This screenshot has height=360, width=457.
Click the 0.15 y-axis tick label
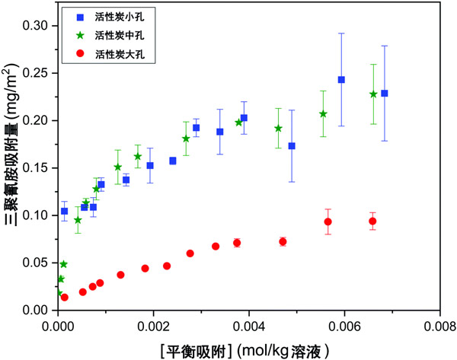coord(35,120)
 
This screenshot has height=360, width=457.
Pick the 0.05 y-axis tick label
coord(35,263)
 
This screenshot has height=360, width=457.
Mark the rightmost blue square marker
coord(385,94)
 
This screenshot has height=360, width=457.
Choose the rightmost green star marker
coord(373,94)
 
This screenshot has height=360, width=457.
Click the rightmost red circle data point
coord(372,221)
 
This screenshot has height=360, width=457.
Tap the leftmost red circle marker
coord(64,298)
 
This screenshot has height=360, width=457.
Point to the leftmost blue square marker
coord(64,211)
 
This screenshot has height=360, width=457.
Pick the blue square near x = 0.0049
coord(292,146)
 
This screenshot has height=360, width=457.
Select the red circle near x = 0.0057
coord(328,222)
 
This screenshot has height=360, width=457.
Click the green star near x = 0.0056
coord(324,114)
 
